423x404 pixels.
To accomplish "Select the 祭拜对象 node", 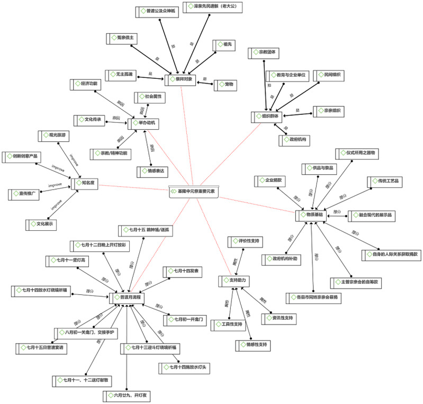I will (180, 79).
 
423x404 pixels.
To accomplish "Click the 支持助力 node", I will (233, 280).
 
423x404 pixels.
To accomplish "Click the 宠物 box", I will (226, 84).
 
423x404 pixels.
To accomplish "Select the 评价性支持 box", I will (247, 241).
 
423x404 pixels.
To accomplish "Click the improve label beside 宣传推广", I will (55, 186).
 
